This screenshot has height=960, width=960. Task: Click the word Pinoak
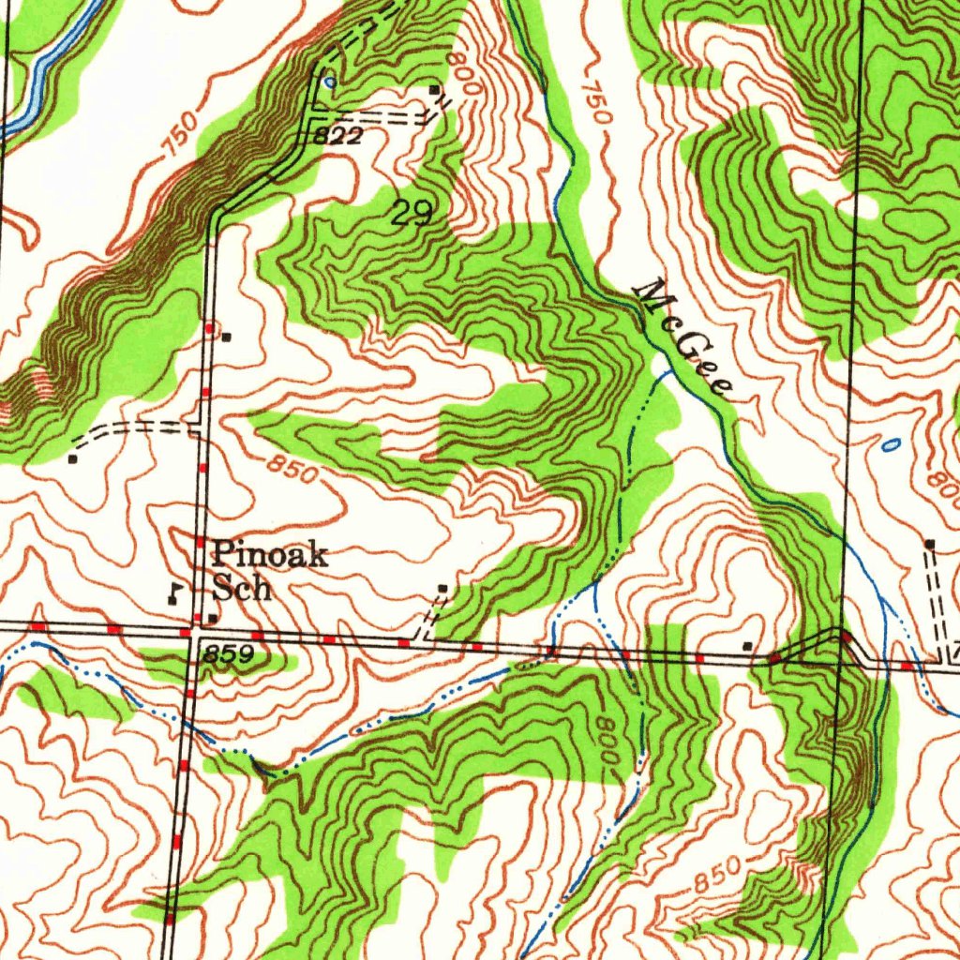coord(269,556)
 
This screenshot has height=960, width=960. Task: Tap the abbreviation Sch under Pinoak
coord(241,589)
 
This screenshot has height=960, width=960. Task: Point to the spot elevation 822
coord(337,137)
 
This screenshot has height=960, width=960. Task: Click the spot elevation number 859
coord(229,655)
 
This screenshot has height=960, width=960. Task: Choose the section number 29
coord(412,214)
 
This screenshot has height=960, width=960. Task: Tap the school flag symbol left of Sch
coord(174,592)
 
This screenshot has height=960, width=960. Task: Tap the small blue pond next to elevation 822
coord(327,82)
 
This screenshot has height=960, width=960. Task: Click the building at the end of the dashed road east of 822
coord(434,90)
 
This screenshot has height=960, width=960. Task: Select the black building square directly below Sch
coord(214,618)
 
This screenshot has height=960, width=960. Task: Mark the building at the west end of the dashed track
coord(73,459)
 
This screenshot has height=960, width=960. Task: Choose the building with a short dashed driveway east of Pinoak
coord(442,589)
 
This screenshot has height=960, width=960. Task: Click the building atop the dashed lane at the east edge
coord(929,544)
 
